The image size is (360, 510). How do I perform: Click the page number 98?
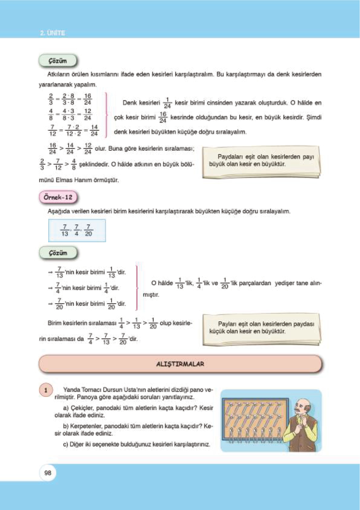pyautogui.click(x=48, y=473)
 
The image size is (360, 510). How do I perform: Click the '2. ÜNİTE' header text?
pyautogui.click(x=53, y=33)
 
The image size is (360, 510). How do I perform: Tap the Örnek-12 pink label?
pyautogui.click(x=58, y=197)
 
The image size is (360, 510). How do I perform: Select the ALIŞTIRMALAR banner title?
pyautogui.click(x=180, y=364)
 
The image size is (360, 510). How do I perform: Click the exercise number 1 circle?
pyautogui.click(x=46, y=390)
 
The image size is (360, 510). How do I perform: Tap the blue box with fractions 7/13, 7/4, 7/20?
pyautogui.click(x=77, y=230)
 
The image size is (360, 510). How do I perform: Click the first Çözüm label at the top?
pyautogui.click(x=58, y=61)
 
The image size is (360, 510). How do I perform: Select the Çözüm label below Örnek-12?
pyautogui.click(x=58, y=253)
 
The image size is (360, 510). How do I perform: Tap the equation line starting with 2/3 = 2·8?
pyautogui.click(x=70, y=99)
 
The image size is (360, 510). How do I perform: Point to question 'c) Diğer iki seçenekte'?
pyautogui.click(x=136, y=444)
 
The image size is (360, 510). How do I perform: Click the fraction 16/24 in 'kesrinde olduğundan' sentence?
pyautogui.click(x=163, y=118)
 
